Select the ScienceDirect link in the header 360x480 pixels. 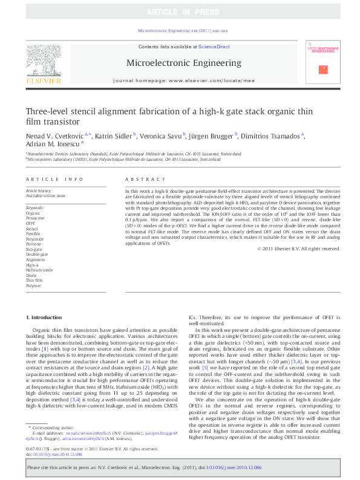click(x=214, y=47)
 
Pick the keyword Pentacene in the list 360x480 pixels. click(x=35, y=218)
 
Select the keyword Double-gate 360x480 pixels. click(x=36, y=255)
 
